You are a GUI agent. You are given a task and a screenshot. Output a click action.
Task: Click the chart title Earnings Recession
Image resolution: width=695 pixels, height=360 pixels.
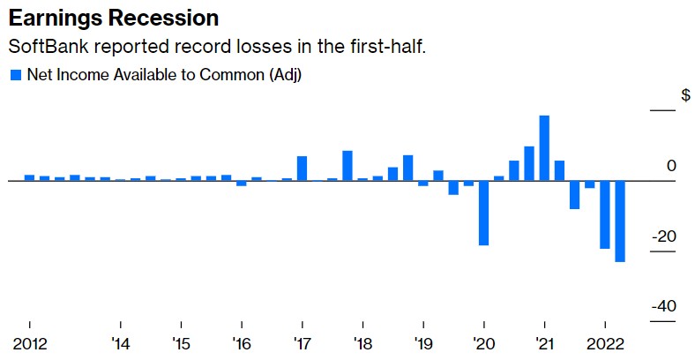[x=113, y=18]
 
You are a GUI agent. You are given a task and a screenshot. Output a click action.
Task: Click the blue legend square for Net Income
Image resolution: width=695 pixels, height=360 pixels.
[x=15, y=75]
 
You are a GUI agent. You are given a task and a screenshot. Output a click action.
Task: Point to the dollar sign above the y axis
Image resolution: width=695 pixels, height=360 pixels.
[x=685, y=95]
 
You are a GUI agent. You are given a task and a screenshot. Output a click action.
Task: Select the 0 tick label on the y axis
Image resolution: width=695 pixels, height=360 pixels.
[x=671, y=166]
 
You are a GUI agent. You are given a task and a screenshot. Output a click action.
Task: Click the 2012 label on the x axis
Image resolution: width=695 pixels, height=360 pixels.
[x=29, y=343]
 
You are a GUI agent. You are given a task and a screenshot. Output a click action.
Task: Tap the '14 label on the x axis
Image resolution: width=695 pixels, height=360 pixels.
[x=120, y=343]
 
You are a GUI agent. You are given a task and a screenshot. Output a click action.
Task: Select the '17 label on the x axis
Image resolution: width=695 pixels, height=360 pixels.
[x=302, y=343]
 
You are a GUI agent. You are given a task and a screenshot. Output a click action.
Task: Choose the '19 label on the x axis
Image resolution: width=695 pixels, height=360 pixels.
[x=423, y=343]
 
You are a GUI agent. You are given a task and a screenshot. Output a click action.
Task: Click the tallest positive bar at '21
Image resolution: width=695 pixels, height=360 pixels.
[x=544, y=147]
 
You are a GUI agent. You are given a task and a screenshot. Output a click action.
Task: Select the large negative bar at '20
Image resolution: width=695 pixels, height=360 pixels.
[x=483, y=212]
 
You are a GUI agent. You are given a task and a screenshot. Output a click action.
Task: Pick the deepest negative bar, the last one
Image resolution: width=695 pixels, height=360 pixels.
[x=620, y=221]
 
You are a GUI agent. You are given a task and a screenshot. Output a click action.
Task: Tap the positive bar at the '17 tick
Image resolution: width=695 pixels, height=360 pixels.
[x=302, y=168]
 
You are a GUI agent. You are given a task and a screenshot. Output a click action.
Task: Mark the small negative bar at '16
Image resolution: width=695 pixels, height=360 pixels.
[x=241, y=183]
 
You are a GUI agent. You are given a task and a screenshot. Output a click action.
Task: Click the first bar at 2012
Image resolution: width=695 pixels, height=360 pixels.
[x=29, y=177]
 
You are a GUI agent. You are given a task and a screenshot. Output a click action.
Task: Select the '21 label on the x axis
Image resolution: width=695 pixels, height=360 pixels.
[x=544, y=343]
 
